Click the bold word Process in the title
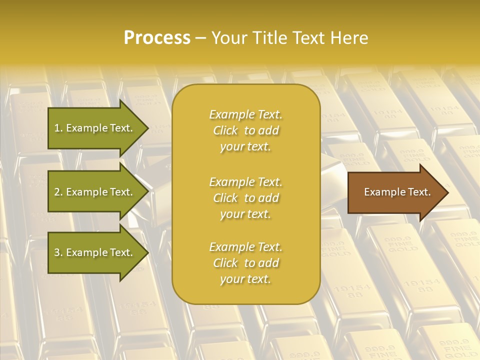(157, 38)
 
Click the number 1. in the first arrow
(58, 128)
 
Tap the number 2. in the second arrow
(58, 192)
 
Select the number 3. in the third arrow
(58, 252)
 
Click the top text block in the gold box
(245, 130)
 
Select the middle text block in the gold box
(245, 198)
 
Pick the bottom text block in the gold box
(245, 263)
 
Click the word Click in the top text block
(225, 130)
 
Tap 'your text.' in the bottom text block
(245, 279)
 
